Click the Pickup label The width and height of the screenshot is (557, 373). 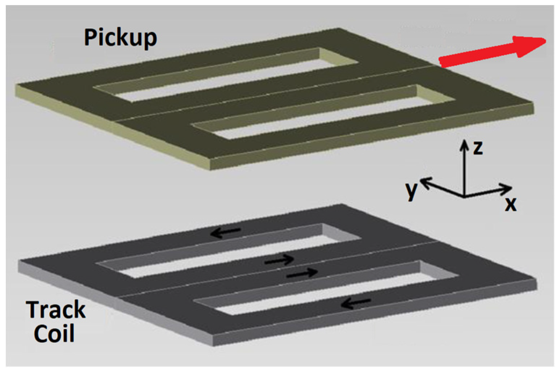121,38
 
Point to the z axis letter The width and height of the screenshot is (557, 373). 478,148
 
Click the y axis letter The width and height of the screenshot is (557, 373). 411,191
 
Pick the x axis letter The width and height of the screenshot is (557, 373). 511,204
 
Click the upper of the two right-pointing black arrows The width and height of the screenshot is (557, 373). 279,260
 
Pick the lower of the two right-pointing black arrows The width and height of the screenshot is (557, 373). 302,273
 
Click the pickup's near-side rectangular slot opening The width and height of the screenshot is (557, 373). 323,112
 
